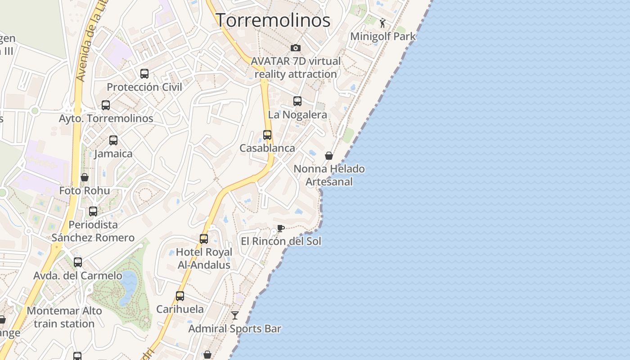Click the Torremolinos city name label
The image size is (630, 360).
point(273,20)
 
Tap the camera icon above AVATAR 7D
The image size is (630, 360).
point(295,48)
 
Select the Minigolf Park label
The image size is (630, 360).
point(383,36)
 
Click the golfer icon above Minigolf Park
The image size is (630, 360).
point(382,23)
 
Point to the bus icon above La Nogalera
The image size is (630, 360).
point(297,101)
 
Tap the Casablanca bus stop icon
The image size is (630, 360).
point(267,135)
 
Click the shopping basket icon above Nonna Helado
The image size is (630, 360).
point(329,156)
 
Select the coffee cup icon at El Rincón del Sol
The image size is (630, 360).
point(280,228)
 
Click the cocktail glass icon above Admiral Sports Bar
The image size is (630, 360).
point(234,315)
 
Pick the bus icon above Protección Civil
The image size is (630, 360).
point(144,74)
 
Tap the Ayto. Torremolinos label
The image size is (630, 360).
point(106,119)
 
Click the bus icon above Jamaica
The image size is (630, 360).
point(113,140)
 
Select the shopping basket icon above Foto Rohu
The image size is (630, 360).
point(84,177)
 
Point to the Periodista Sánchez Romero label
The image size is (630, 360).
point(93,231)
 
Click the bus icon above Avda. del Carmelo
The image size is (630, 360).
point(78,262)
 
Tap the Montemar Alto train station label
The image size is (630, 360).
point(64,317)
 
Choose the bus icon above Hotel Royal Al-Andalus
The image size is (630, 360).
point(204,239)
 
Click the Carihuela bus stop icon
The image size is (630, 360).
point(180,296)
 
